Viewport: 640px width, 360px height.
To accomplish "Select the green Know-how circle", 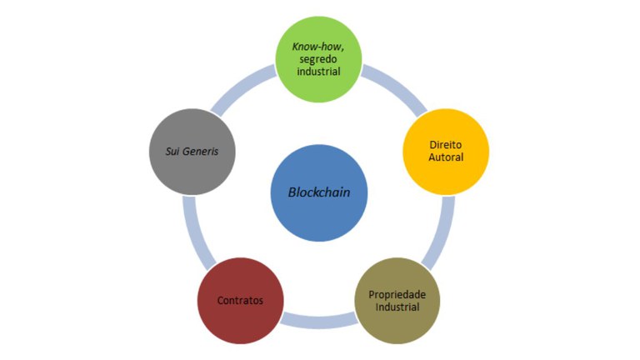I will point(319,59).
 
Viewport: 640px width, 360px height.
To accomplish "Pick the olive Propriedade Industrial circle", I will point(397,299).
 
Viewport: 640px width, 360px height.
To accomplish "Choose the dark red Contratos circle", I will point(240,299).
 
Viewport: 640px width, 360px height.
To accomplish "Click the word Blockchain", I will point(319,192).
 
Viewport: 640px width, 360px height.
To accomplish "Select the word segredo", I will point(319,59).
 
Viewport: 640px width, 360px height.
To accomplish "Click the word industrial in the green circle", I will point(319,72).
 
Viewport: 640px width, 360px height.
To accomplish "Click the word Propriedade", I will point(397,293).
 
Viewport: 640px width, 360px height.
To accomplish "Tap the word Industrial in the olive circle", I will point(397,307).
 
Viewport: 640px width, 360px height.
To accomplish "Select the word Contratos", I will point(240,300).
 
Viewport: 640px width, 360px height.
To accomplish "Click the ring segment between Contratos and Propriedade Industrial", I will point(319,317).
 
